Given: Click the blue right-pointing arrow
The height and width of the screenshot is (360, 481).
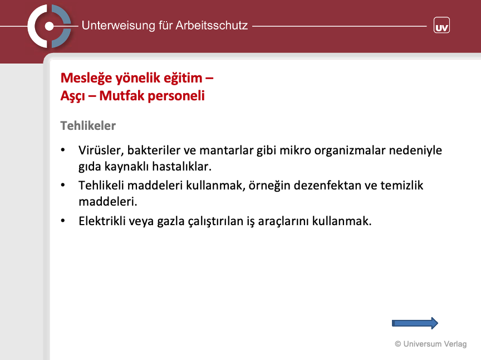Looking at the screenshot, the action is (415, 323).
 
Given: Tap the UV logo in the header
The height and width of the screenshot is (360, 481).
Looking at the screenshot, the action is (441, 25).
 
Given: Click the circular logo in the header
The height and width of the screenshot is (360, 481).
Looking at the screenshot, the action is (49, 26).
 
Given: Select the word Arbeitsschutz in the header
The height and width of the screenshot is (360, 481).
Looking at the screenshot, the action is (212, 25).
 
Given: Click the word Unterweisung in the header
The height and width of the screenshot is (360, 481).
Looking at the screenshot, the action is (119, 26).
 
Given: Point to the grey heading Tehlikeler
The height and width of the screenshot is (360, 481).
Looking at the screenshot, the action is (88, 125).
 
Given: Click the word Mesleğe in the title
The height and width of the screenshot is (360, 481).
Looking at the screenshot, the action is (86, 79).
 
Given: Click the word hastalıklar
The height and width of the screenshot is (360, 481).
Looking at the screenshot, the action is (181, 167).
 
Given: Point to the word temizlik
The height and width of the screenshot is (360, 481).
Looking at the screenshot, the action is (402, 186).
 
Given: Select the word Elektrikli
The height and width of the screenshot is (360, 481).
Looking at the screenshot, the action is (102, 221).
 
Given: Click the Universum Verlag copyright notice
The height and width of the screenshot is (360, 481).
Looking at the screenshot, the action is (431, 344).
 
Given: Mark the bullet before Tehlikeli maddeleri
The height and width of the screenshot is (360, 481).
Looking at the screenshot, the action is (63, 185).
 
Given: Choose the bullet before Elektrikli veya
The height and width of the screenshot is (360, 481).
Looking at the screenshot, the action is (63, 221).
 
